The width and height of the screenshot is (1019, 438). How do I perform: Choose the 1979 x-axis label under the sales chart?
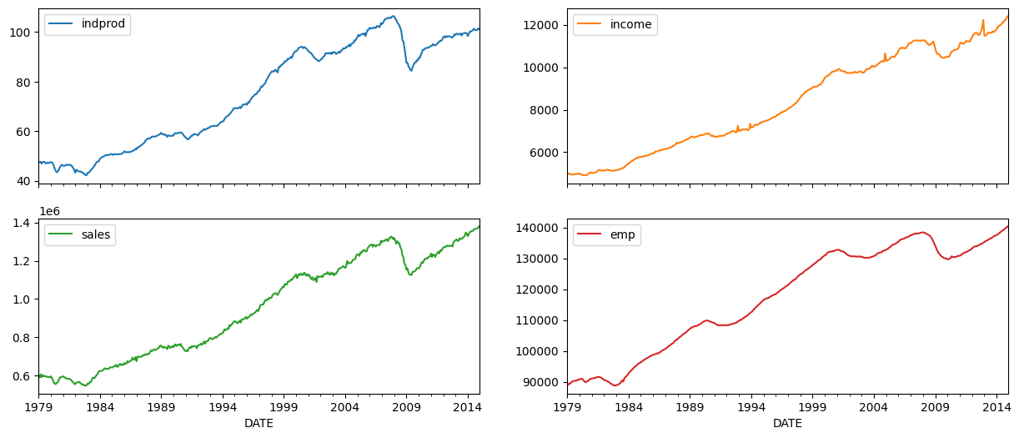tap(38, 407)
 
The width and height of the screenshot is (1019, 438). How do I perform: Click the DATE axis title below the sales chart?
tap(259, 423)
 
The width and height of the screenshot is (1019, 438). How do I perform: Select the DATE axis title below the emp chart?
tap(787, 423)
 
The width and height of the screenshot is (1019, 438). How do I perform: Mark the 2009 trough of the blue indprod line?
tap(410, 70)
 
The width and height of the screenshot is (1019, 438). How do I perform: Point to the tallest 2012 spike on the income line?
tap(983, 20)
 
